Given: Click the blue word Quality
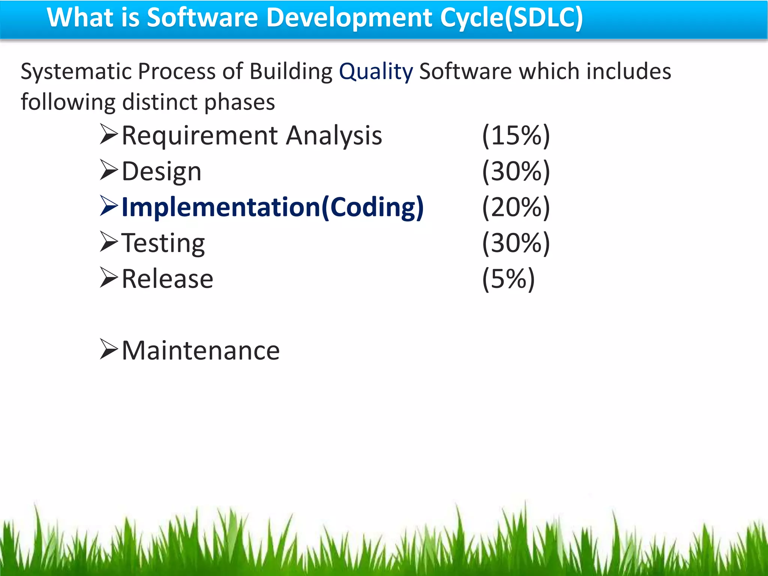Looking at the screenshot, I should (x=376, y=72).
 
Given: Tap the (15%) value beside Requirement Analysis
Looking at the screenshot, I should (x=516, y=135).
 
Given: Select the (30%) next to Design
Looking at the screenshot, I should (x=516, y=171).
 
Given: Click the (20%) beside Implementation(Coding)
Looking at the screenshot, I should (x=516, y=207).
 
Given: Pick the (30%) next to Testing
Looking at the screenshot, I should (x=516, y=243).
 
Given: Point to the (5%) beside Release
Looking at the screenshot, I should (x=508, y=279).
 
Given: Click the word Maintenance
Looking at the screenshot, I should (x=201, y=351).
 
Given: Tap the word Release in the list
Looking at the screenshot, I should (x=167, y=279).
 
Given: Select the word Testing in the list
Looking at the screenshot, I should (x=163, y=244).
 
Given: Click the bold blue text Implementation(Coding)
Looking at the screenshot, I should (x=273, y=207).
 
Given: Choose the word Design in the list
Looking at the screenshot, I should (x=162, y=172).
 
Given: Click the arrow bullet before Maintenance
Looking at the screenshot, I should (x=109, y=349).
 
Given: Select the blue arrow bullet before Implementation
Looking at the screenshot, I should (x=109, y=206).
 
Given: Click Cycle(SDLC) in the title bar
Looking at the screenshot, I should (x=511, y=18).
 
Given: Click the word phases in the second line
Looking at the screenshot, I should (x=240, y=102).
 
